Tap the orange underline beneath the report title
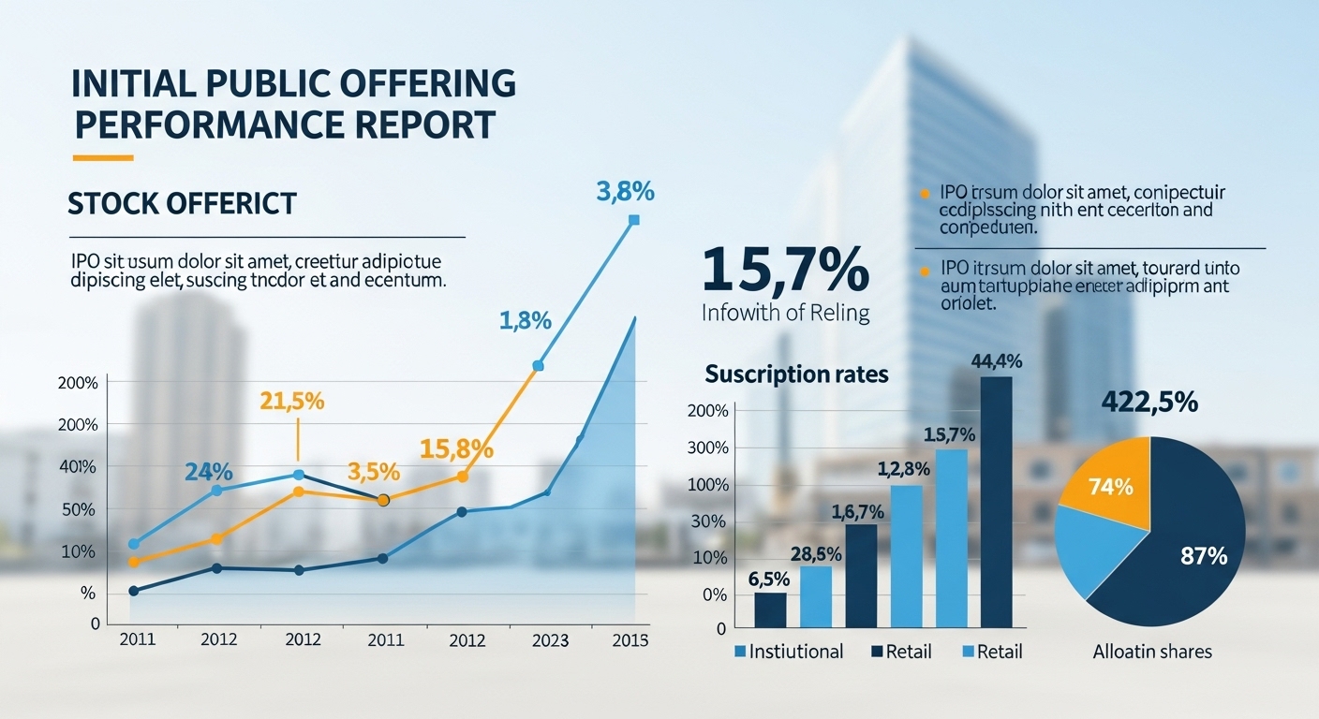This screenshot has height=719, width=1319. (x=103, y=157)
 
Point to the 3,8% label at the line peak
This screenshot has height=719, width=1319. (x=625, y=192)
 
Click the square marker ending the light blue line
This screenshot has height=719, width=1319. (x=634, y=220)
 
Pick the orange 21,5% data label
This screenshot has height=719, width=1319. (x=292, y=401)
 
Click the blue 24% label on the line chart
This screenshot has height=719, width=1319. (x=208, y=472)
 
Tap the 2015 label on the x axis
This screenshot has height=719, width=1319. (x=630, y=640)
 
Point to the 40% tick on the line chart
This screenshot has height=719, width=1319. (x=78, y=466)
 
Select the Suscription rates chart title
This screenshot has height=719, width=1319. (x=796, y=374)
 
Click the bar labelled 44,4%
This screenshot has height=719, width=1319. (x=996, y=501)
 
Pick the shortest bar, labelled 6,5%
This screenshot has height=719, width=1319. (x=770, y=609)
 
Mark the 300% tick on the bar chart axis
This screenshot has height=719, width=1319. (x=707, y=448)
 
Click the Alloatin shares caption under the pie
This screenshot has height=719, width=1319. (x=1152, y=652)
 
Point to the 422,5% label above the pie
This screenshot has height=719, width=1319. (x=1149, y=403)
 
